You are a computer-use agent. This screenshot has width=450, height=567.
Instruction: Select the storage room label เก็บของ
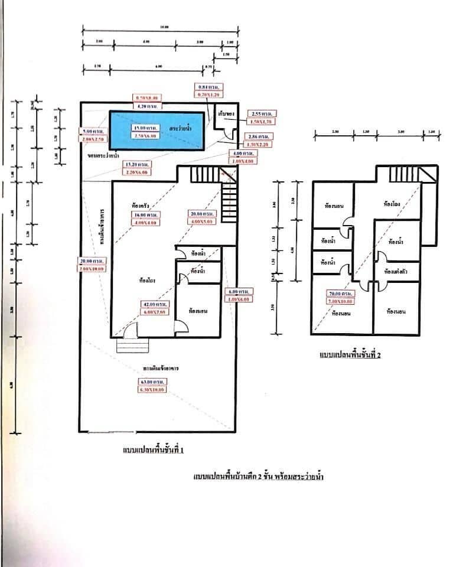coord(223,113)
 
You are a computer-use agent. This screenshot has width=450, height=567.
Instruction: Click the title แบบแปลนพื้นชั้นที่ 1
coord(152,451)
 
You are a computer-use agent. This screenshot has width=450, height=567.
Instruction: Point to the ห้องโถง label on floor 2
coord(392,204)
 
